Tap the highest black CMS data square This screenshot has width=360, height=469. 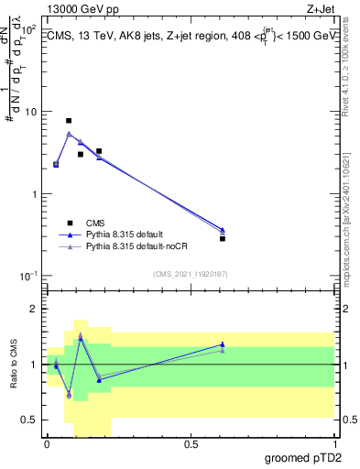[69, 121]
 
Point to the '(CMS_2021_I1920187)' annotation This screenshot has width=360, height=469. [189, 274]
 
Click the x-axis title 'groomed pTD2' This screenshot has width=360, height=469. [304, 457]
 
